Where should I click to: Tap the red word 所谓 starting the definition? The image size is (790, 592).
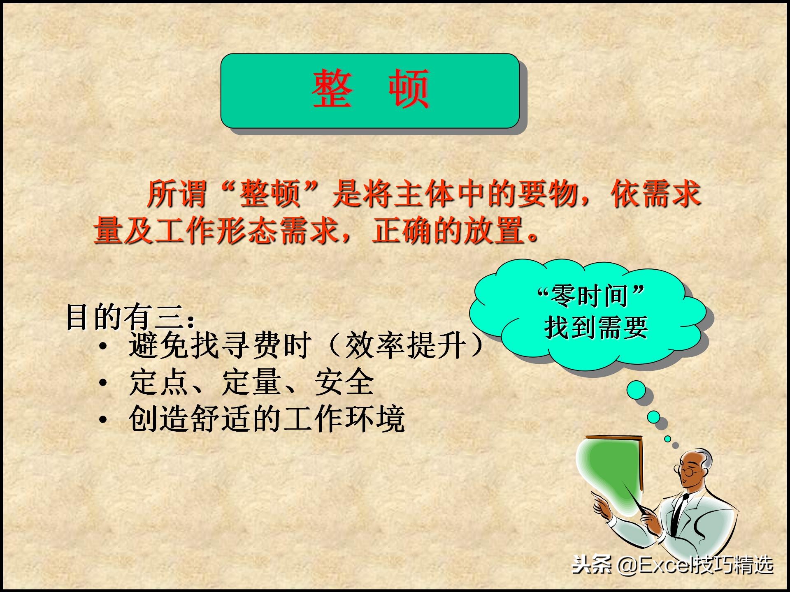177,194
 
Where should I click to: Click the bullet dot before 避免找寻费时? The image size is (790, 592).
103,346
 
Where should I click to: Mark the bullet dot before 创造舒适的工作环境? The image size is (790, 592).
103,420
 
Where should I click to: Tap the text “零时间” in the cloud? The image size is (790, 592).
591,295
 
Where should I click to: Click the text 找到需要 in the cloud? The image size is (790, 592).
596,327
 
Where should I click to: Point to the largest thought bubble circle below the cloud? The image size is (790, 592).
636,389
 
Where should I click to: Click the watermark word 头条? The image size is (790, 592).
592,565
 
